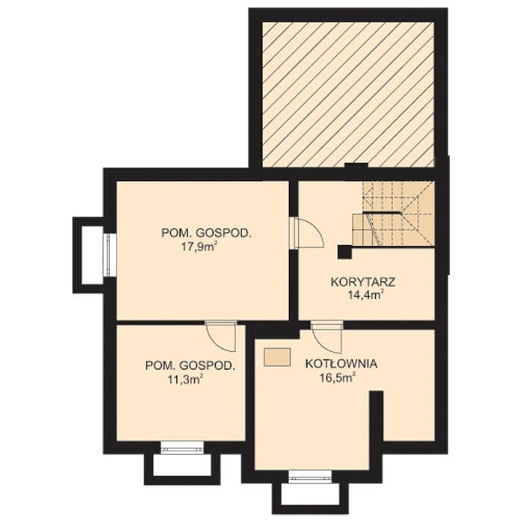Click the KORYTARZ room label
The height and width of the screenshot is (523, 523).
(x=363, y=282)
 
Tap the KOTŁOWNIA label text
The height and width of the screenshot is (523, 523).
(x=341, y=364)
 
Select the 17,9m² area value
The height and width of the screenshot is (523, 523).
(x=199, y=247)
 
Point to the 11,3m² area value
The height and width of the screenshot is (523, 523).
(x=185, y=380)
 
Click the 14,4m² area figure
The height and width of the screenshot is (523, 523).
(x=365, y=295)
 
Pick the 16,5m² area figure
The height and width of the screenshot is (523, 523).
(x=337, y=377)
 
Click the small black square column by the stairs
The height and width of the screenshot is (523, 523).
(x=344, y=252)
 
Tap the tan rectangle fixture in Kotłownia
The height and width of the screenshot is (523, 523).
(x=277, y=357)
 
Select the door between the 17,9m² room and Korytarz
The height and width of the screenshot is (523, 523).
(x=306, y=233)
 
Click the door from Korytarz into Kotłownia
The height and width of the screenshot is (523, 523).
(x=327, y=337)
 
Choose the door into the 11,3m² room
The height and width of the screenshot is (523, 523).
(x=221, y=336)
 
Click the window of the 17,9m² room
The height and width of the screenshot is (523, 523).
(x=109, y=255)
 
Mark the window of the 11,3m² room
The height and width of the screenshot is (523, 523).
(x=182, y=447)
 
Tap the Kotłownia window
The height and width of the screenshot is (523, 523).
(x=310, y=477)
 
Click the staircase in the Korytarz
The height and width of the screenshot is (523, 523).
(x=394, y=214)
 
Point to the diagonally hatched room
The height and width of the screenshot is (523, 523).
(x=348, y=94)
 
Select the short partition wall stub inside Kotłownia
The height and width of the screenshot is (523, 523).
(x=377, y=416)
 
